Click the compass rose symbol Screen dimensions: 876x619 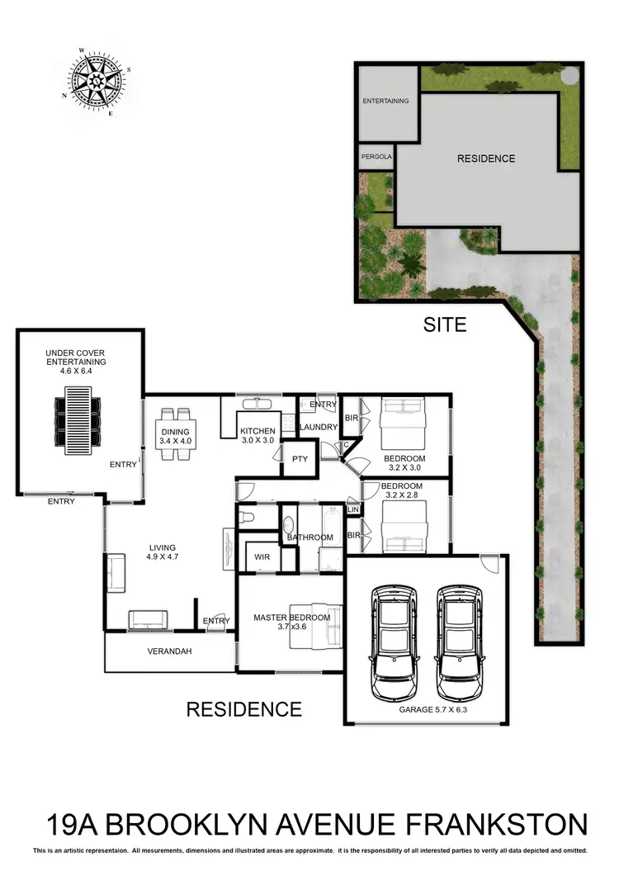[x=98, y=80]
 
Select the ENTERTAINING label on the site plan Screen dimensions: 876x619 [x=386, y=101]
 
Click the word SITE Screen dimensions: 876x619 [x=445, y=324]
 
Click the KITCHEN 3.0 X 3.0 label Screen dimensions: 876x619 [x=257, y=436]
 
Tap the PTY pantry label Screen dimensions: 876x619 [x=299, y=460]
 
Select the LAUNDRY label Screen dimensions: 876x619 [x=319, y=427]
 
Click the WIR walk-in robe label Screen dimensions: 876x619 [x=263, y=557]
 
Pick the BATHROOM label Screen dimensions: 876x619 [x=310, y=537]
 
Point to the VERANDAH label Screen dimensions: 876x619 [x=169, y=651]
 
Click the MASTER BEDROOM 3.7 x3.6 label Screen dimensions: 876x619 [x=291, y=622]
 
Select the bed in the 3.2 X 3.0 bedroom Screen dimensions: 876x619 [x=403, y=420]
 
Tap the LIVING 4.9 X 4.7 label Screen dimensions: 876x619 [x=163, y=552]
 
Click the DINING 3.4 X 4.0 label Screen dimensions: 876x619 [x=175, y=436]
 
